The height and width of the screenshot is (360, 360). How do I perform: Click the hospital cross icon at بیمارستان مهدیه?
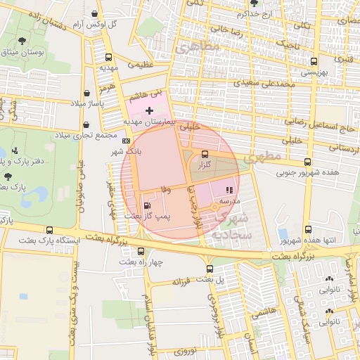(149, 110)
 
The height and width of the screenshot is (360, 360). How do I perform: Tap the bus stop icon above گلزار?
(205, 154)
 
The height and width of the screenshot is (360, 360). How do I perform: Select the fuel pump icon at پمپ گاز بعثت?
(146, 205)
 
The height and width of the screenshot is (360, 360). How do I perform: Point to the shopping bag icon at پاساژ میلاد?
(86, 93)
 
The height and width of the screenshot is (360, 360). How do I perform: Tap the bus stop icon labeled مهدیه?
(108, 58)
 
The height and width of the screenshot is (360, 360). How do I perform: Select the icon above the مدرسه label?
(228, 191)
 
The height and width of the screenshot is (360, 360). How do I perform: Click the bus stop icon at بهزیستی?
(313, 61)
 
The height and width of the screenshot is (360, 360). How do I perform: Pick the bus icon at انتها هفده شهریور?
(308, 230)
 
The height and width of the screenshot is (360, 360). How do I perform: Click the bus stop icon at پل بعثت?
(210, 269)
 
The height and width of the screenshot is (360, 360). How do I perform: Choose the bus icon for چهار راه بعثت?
(141, 251)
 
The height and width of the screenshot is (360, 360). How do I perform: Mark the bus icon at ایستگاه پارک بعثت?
(49, 230)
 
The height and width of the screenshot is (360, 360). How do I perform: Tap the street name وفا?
(166, 189)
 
